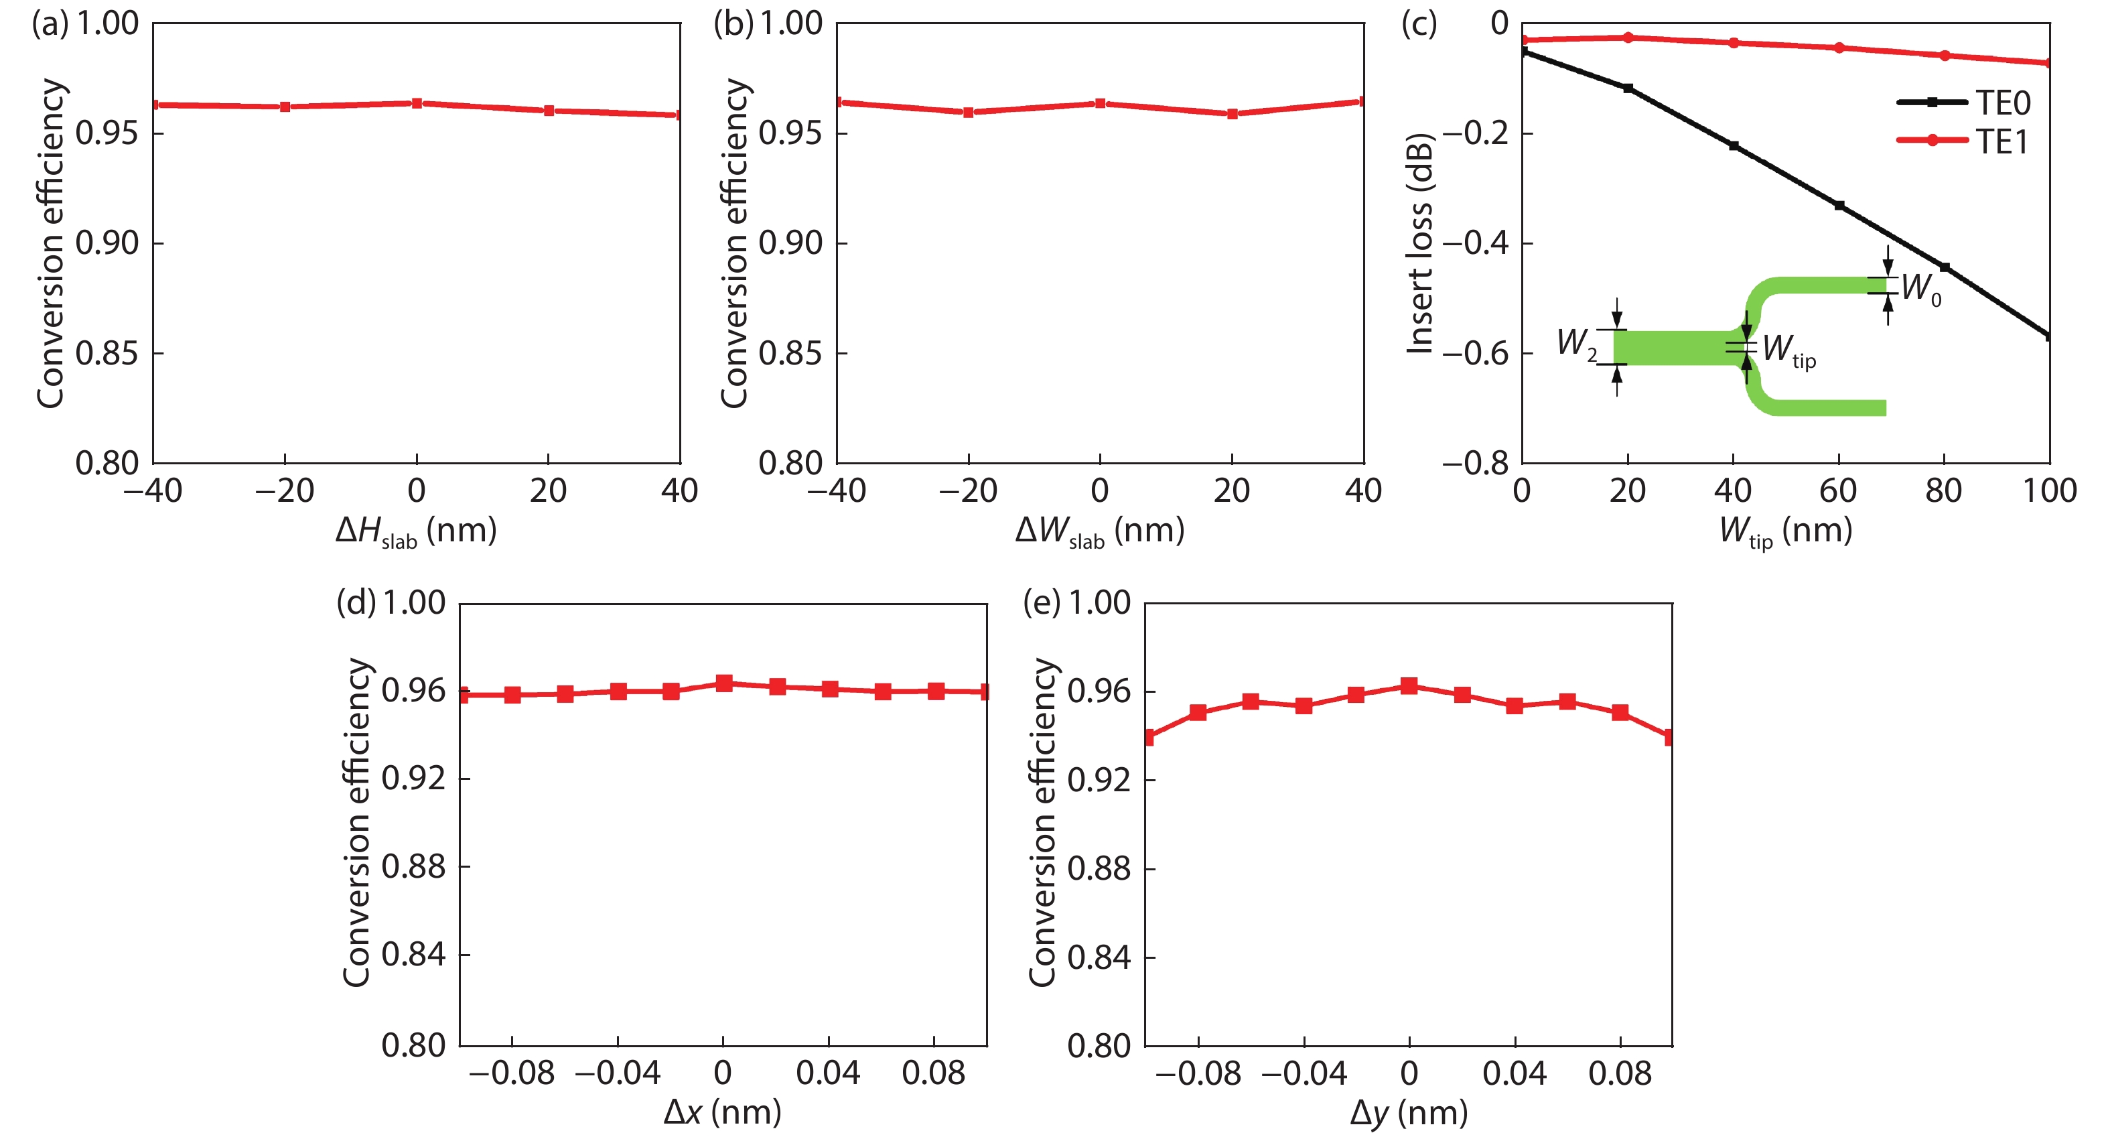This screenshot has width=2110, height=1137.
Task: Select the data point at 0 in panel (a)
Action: pos(417,103)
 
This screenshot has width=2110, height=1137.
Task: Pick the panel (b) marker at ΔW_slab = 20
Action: pos(1232,114)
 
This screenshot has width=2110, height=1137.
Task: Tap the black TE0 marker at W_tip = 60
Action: pos(1839,206)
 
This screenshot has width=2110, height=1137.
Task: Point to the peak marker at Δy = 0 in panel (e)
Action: pos(1409,685)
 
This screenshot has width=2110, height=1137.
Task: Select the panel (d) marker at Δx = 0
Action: pos(723,683)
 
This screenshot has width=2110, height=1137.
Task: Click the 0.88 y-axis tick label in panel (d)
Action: pos(414,867)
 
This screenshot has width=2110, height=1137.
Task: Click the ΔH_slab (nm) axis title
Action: pos(416,531)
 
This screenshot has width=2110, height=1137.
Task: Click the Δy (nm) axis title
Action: pos(1408,1112)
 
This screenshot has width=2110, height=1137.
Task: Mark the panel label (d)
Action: pos(356,603)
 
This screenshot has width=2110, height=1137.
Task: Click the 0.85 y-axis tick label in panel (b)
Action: pos(790,353)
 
